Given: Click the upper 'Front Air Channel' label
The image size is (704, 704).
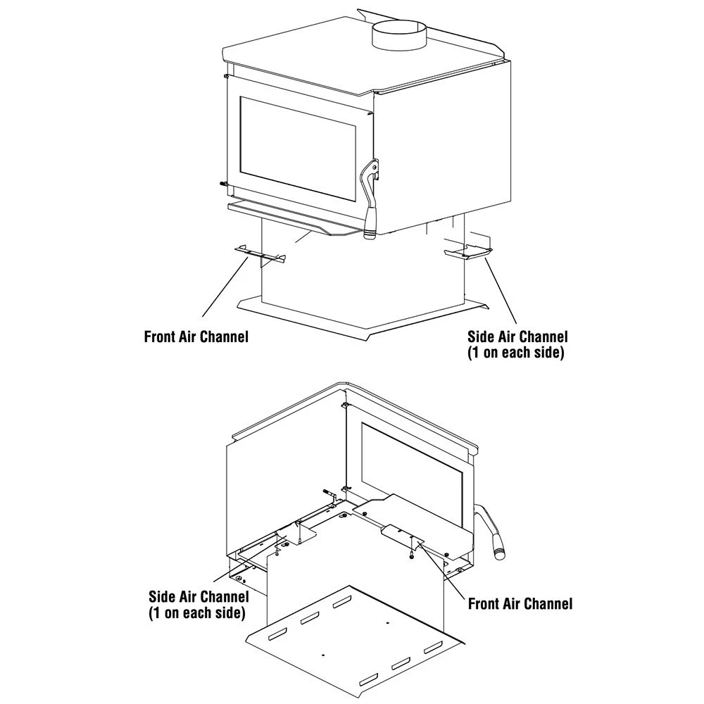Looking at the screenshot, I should tap(196, 337).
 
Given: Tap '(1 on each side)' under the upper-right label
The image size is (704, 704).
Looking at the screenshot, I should tap(516, 353).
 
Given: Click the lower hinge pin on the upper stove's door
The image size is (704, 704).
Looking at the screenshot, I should tap(222, 184).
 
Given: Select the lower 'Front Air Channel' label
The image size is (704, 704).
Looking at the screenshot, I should tap(520, 604).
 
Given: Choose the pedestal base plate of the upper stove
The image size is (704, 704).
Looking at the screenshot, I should tap(363, 317).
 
